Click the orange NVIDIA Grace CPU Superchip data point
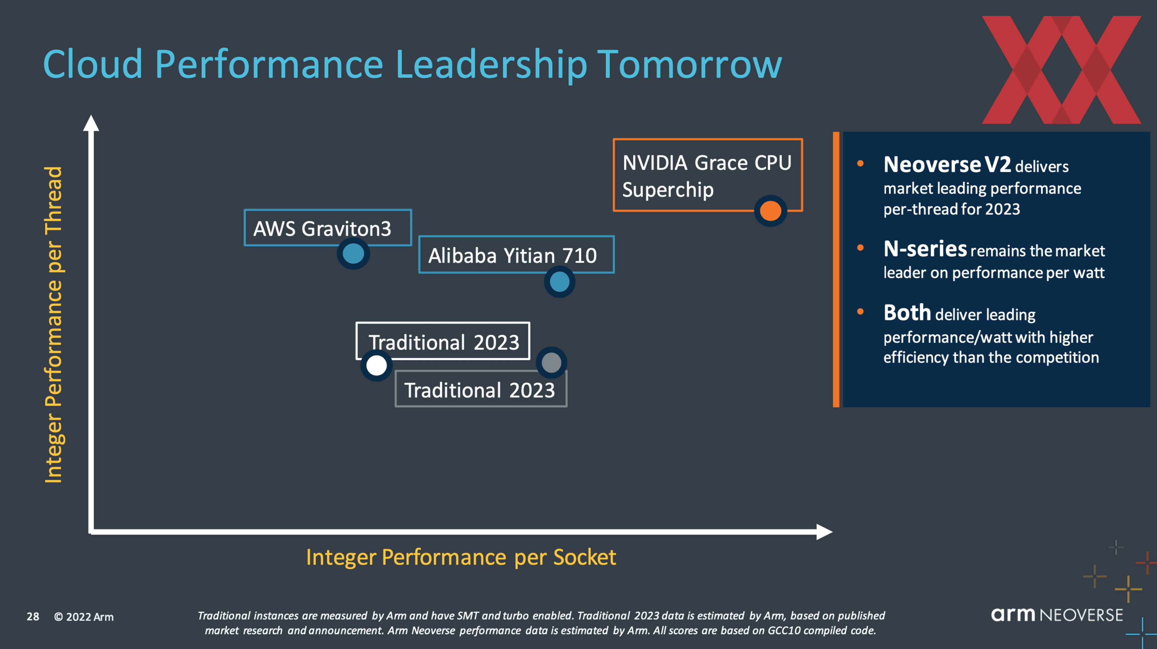(770, 211)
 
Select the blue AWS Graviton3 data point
(353, 254)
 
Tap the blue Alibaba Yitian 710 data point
(559, 282)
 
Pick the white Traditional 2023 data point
(376, 365)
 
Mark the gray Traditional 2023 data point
(551, 362)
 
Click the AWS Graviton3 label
(322, 228)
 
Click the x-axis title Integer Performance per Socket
(461, 557)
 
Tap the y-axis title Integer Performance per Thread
(53, 324)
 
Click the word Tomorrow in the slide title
(689, 65)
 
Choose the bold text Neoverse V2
(947, 165)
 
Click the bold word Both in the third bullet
(907, 313)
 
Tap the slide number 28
(33, 617)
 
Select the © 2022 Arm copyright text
(84, 617)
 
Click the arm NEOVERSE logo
(1056, 615)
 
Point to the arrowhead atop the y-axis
(91, 123)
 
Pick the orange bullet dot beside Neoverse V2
(860, 164)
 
